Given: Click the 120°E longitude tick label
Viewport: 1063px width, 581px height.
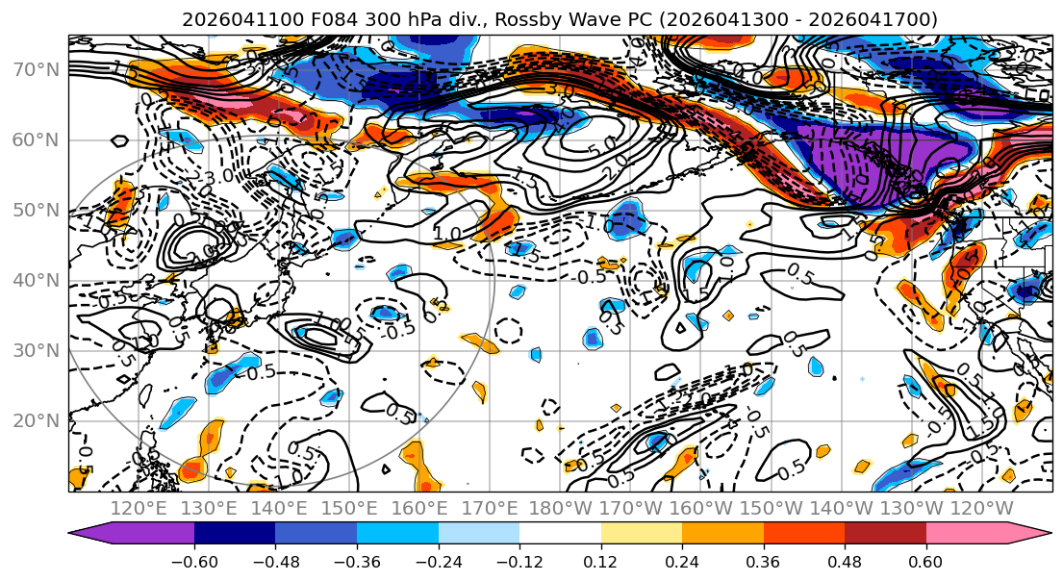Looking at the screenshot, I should pos(139,508).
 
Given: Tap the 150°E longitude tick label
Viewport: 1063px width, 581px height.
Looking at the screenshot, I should pos(350,508).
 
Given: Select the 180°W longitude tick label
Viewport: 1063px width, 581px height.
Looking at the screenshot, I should pos(561,508).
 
